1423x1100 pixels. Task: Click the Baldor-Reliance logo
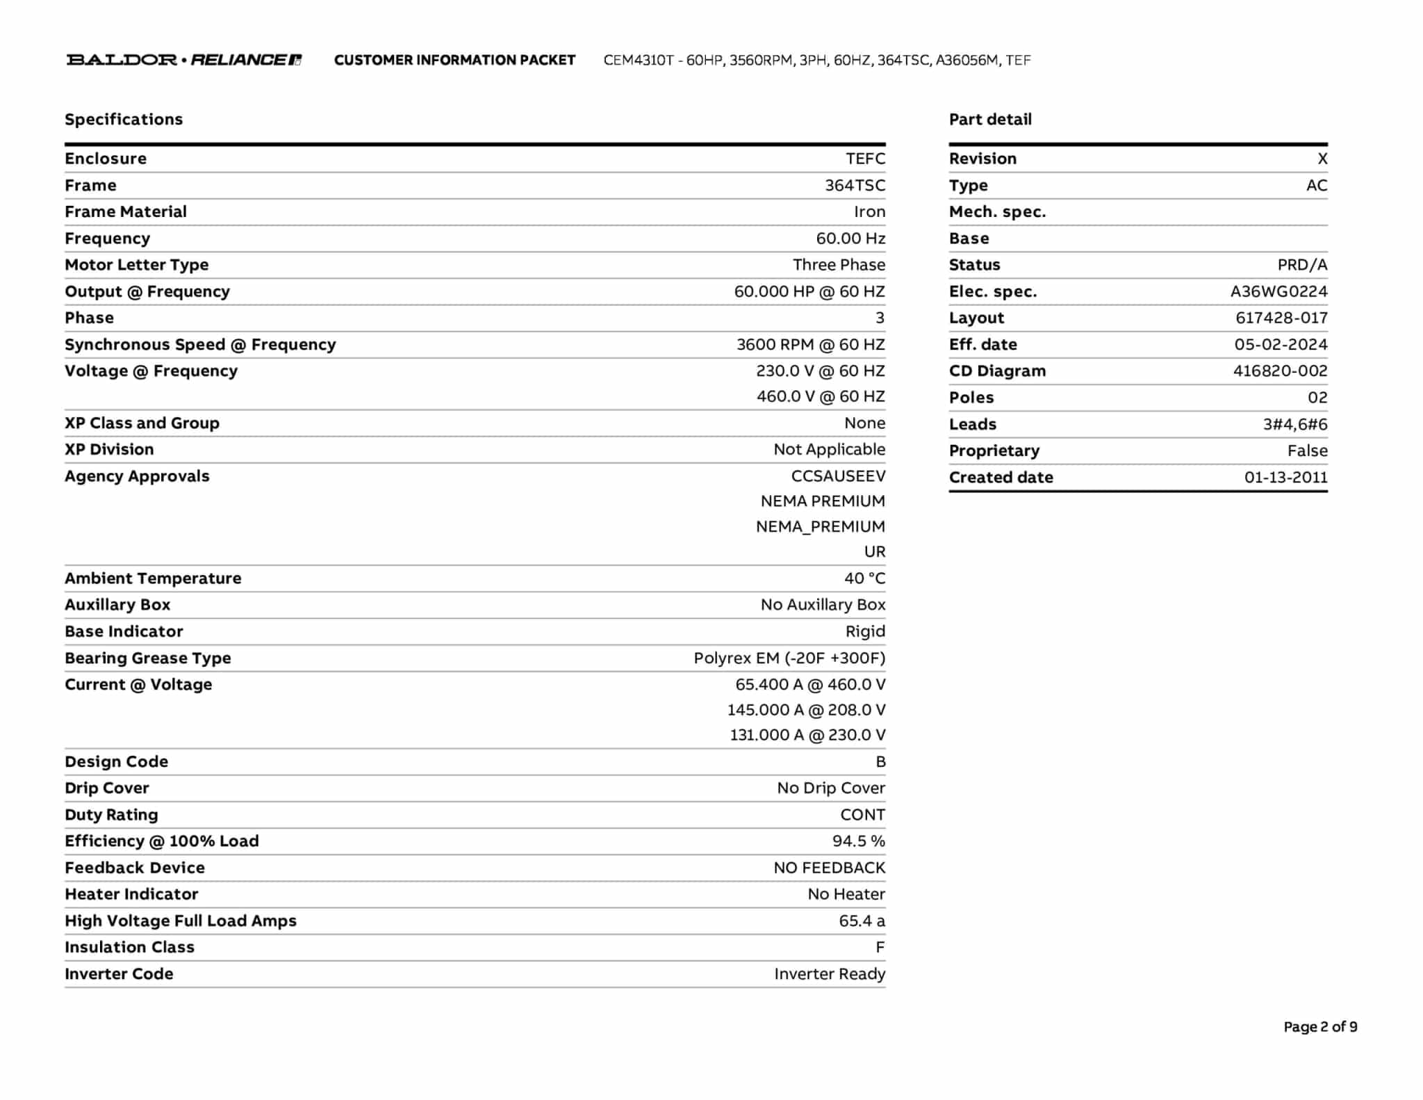pos(183,60)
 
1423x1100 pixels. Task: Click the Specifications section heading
pos(124,120)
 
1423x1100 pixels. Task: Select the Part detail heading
pos(990,120)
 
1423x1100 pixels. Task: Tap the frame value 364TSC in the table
pos(855,186)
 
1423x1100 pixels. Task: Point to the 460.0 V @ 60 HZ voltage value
pos(821,396)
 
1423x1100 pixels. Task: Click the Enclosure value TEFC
pos(865,159)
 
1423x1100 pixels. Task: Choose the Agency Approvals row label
pos(137,476)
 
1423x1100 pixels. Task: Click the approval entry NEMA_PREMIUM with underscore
pos(820,526)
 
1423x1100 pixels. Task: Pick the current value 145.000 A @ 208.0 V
pos(806,710)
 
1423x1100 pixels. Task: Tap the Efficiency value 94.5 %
pos(858,841)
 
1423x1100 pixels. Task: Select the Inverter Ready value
pos(830,974)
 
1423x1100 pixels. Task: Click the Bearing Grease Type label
pos(148,658)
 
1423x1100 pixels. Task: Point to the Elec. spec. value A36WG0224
pos(1278,291)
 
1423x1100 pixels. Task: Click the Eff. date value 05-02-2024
pos(1281,345)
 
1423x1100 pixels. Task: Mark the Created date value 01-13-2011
pos(1285,478)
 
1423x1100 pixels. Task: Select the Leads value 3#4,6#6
pos(1294,424)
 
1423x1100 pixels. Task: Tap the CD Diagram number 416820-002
pos(1280,371)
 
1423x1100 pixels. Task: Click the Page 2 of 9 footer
pos(1320,1027)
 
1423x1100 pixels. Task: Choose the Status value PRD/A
pos(1301,265)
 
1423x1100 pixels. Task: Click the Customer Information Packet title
pos(454,60)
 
